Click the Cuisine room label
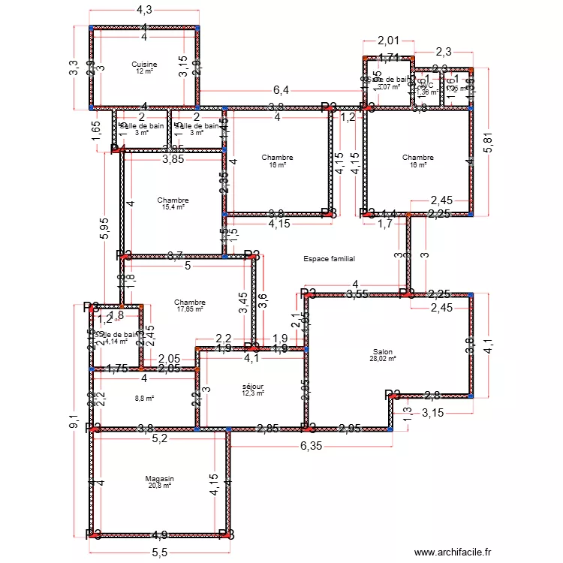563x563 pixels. [144, 65]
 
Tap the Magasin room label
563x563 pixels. [159, 478]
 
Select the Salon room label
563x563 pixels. [382, 351]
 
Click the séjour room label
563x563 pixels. [252, 386]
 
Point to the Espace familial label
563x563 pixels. [329, 259]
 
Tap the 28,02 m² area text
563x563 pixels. [382, 359]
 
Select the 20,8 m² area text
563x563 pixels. [159, 486]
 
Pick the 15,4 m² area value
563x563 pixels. [173, 207]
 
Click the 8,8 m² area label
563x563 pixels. [144, 399]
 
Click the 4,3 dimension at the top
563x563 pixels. [144, 11]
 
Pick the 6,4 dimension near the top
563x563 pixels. [281, 90]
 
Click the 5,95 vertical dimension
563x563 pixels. [104, 227]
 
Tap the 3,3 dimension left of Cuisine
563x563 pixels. [73, 68]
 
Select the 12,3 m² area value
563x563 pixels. [252, 393]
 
